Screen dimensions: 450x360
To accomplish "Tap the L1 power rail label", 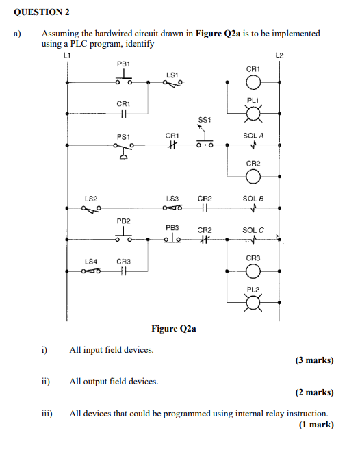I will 66,54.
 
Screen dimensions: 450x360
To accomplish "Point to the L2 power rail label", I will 279,54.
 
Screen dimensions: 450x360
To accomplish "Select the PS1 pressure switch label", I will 123,136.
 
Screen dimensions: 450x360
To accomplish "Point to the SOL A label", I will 253,136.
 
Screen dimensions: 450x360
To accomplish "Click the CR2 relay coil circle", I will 253,177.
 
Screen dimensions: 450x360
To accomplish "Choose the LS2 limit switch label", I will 90,198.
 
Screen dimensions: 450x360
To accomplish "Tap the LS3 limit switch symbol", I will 172,208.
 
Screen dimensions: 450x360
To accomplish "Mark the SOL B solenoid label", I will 253,198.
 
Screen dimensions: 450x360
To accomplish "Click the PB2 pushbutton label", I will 123,221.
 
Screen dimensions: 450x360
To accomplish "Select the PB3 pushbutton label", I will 172,227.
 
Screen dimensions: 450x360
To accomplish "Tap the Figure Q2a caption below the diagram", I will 174,329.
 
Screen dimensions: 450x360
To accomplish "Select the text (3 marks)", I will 315,360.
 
